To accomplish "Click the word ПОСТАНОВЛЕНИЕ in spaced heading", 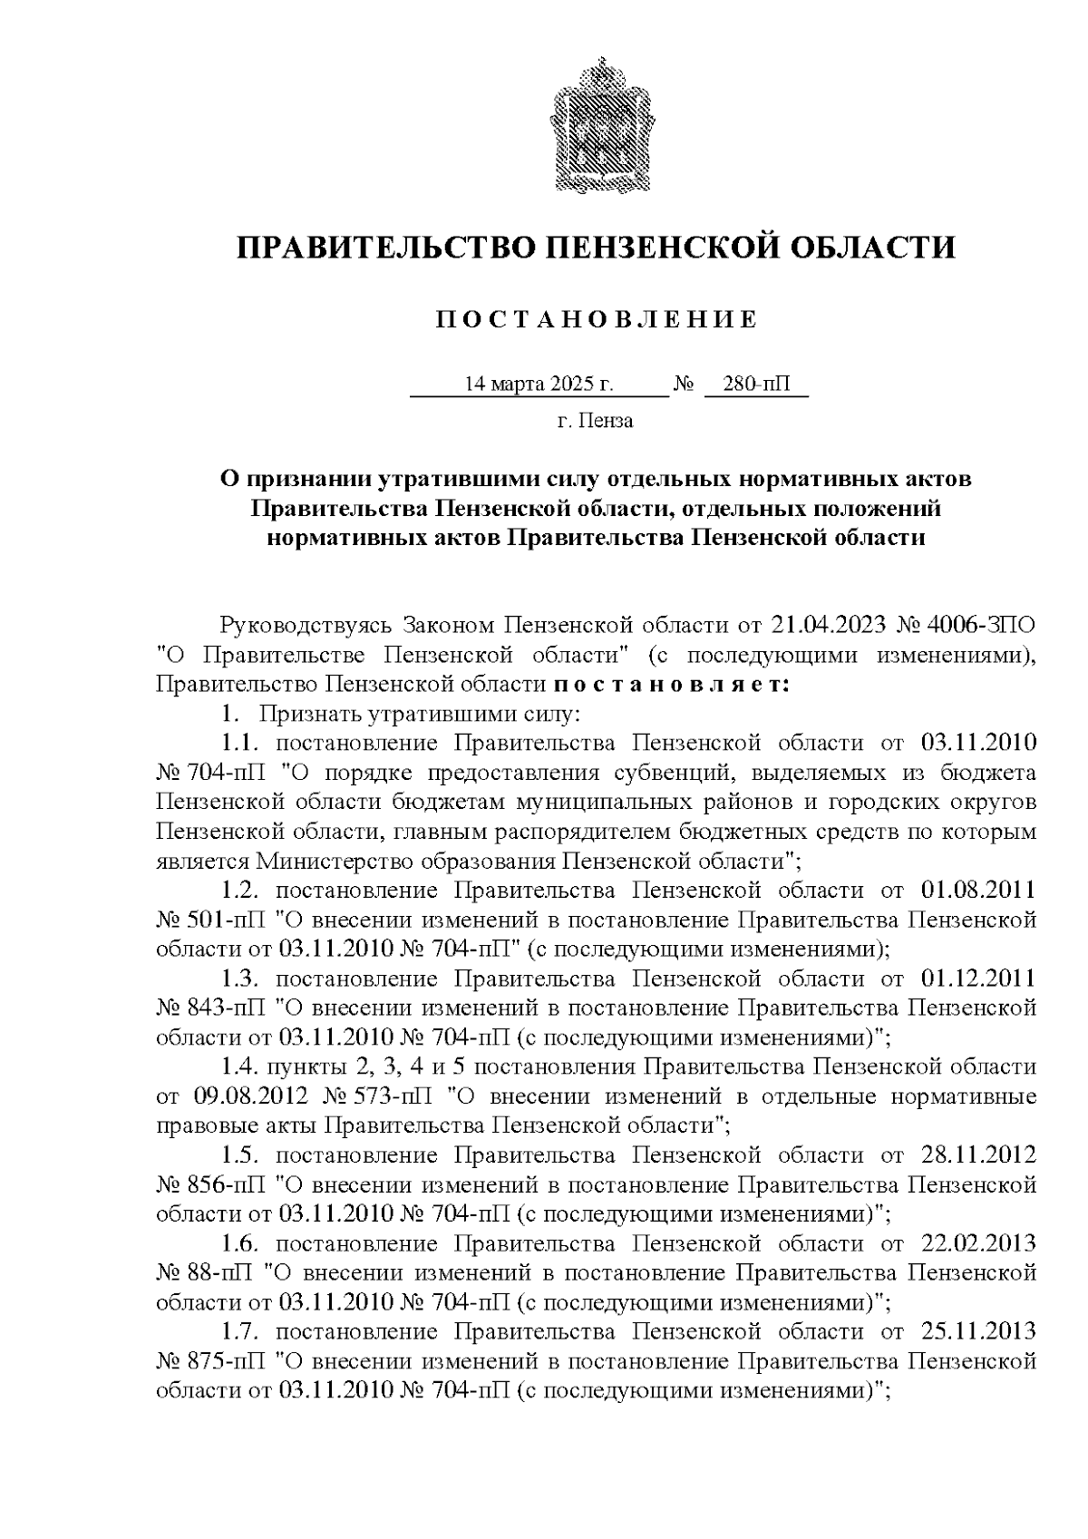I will tap(596, 320).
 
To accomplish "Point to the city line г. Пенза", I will tap(595, 421).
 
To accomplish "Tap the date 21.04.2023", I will tap(829, 626).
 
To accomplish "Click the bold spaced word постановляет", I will tap(672, 685).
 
